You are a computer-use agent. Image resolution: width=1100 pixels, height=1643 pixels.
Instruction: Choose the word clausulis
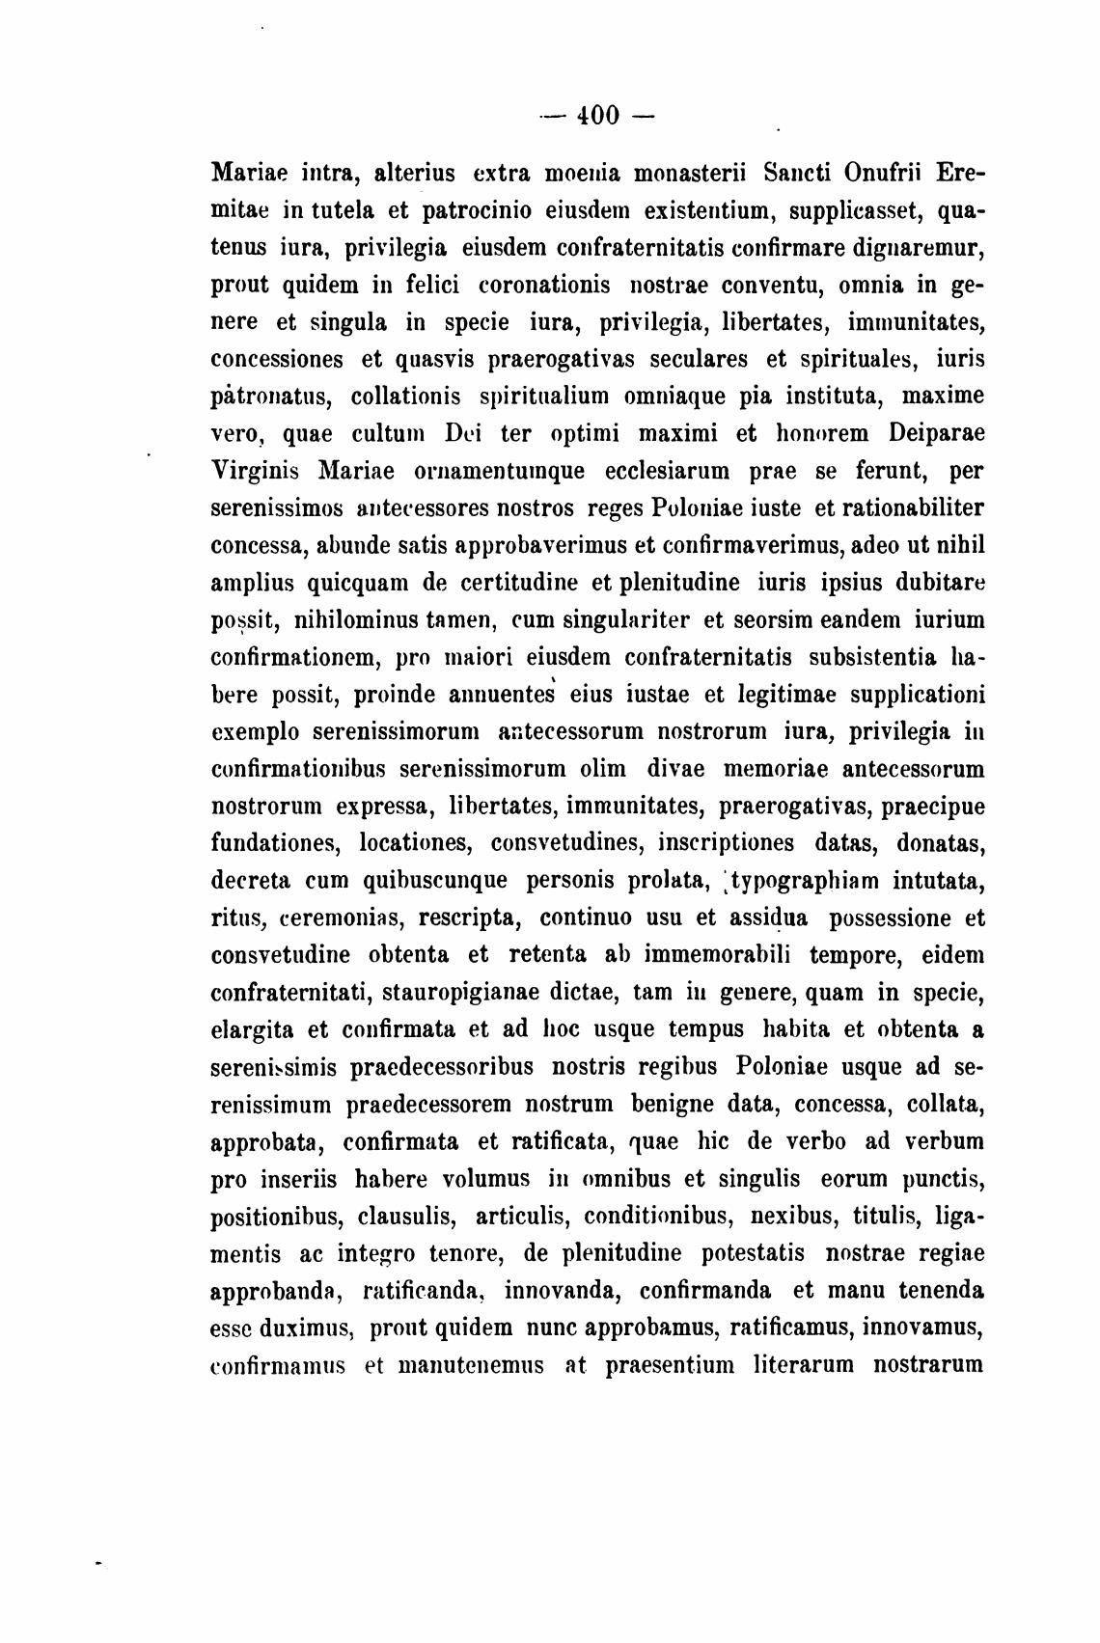coord(411,1216)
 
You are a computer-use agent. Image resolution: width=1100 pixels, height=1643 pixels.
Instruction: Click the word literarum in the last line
coord(802,1365)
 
